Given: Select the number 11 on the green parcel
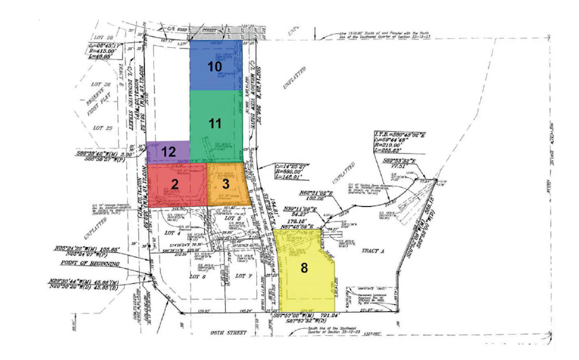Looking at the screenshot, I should point(215,123).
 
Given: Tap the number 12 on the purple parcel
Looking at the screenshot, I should point(169,151).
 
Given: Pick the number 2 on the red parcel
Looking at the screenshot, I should point(174,184).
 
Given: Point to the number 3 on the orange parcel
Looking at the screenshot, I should point(226,184).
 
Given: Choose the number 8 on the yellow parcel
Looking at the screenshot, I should point(304,268).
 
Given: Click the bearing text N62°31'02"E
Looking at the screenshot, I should point(299,193).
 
